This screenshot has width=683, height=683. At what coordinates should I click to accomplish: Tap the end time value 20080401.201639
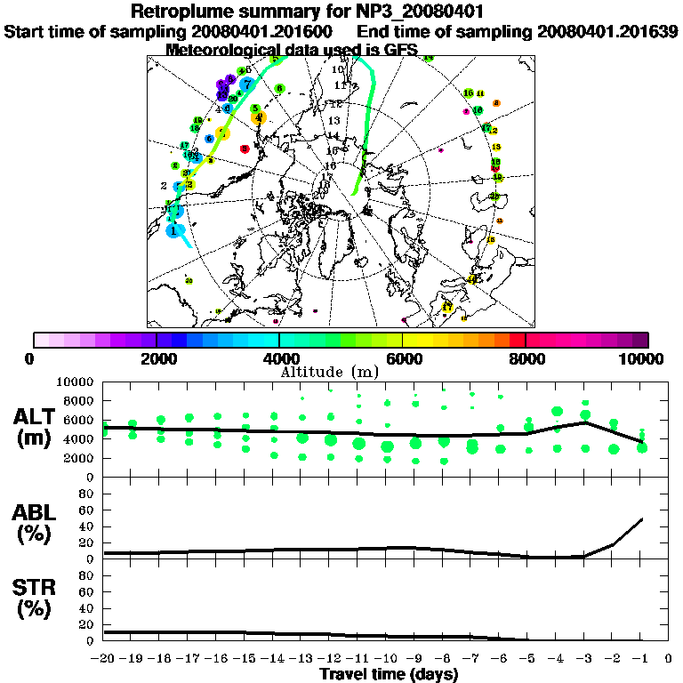pyautogui.click(x=607, y=31)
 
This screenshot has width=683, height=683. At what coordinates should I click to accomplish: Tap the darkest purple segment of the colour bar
pyautogui.click(x=640, y=340)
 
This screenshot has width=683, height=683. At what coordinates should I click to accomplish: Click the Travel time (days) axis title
pyautogui.click(x=389, y=674)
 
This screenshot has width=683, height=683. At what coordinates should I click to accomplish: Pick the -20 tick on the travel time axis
pyautogui.click(x=105, y=658)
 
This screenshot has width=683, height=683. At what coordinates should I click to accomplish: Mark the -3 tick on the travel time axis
pyautogui.click(x=585, y=658)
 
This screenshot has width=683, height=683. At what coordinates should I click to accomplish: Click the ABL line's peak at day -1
pyautogui.click(x=641, y=519)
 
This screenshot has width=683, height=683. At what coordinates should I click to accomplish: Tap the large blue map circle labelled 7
pyautogui.click(x=247, y=84)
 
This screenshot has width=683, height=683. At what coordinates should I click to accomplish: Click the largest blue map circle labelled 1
pyautogui.click(x=174, y=229)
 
